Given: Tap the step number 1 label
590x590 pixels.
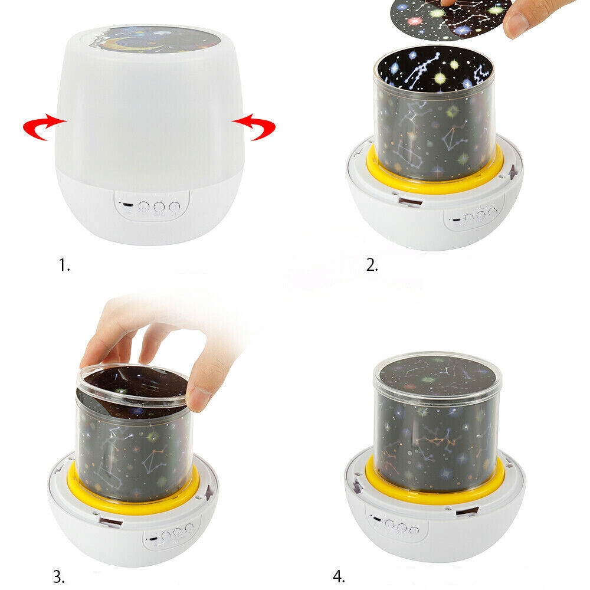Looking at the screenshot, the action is click(x=64, y=265).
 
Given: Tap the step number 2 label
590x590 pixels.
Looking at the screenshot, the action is click(x=372, y=265).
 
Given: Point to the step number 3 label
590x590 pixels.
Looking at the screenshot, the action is click(x=58, y=576).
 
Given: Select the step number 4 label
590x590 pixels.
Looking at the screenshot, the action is click(x=339, y=576).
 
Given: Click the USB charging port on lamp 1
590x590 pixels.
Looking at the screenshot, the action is click(x=128, y=205).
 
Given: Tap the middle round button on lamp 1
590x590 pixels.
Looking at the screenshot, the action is click(x=159, y=206).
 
